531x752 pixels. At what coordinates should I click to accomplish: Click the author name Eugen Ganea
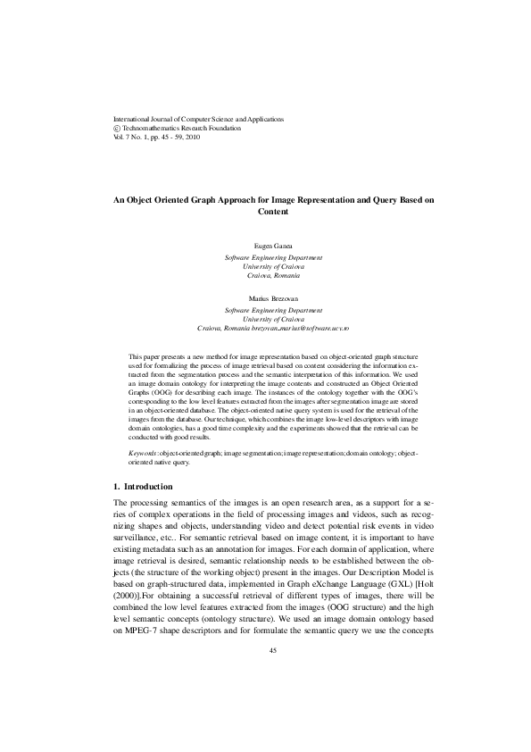click(265, 243)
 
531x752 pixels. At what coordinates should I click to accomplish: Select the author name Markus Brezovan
click(265, 296)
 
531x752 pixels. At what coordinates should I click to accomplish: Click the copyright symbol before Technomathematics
click(110, 129)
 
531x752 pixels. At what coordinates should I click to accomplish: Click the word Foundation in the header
click(223, 129)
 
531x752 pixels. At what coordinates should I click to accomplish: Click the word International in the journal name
click(128, 119)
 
